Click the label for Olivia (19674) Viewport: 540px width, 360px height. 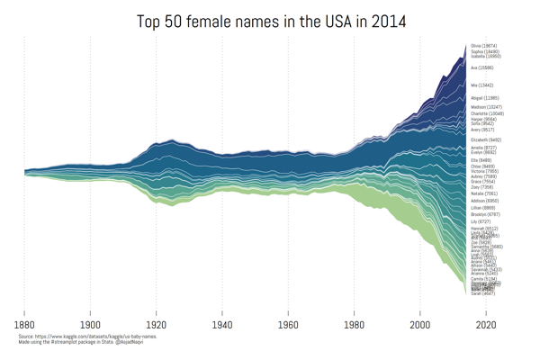coord(484,45)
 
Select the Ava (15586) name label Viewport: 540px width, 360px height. coord(481,67)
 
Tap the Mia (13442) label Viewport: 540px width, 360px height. coord(481,85)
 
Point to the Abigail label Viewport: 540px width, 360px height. coord(484,97)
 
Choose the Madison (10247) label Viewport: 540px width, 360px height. coord(485,107)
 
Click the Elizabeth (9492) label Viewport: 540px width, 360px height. coord(486,139)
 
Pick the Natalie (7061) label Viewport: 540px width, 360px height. coord(484,193)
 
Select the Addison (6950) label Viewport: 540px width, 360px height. coord(485,201)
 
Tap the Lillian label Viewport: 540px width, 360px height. coord(483,208)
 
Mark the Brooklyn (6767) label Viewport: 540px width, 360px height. coord(485,214)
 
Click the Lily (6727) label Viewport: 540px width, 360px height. coord(481,221)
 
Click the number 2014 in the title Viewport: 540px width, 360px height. coord(385,21)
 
